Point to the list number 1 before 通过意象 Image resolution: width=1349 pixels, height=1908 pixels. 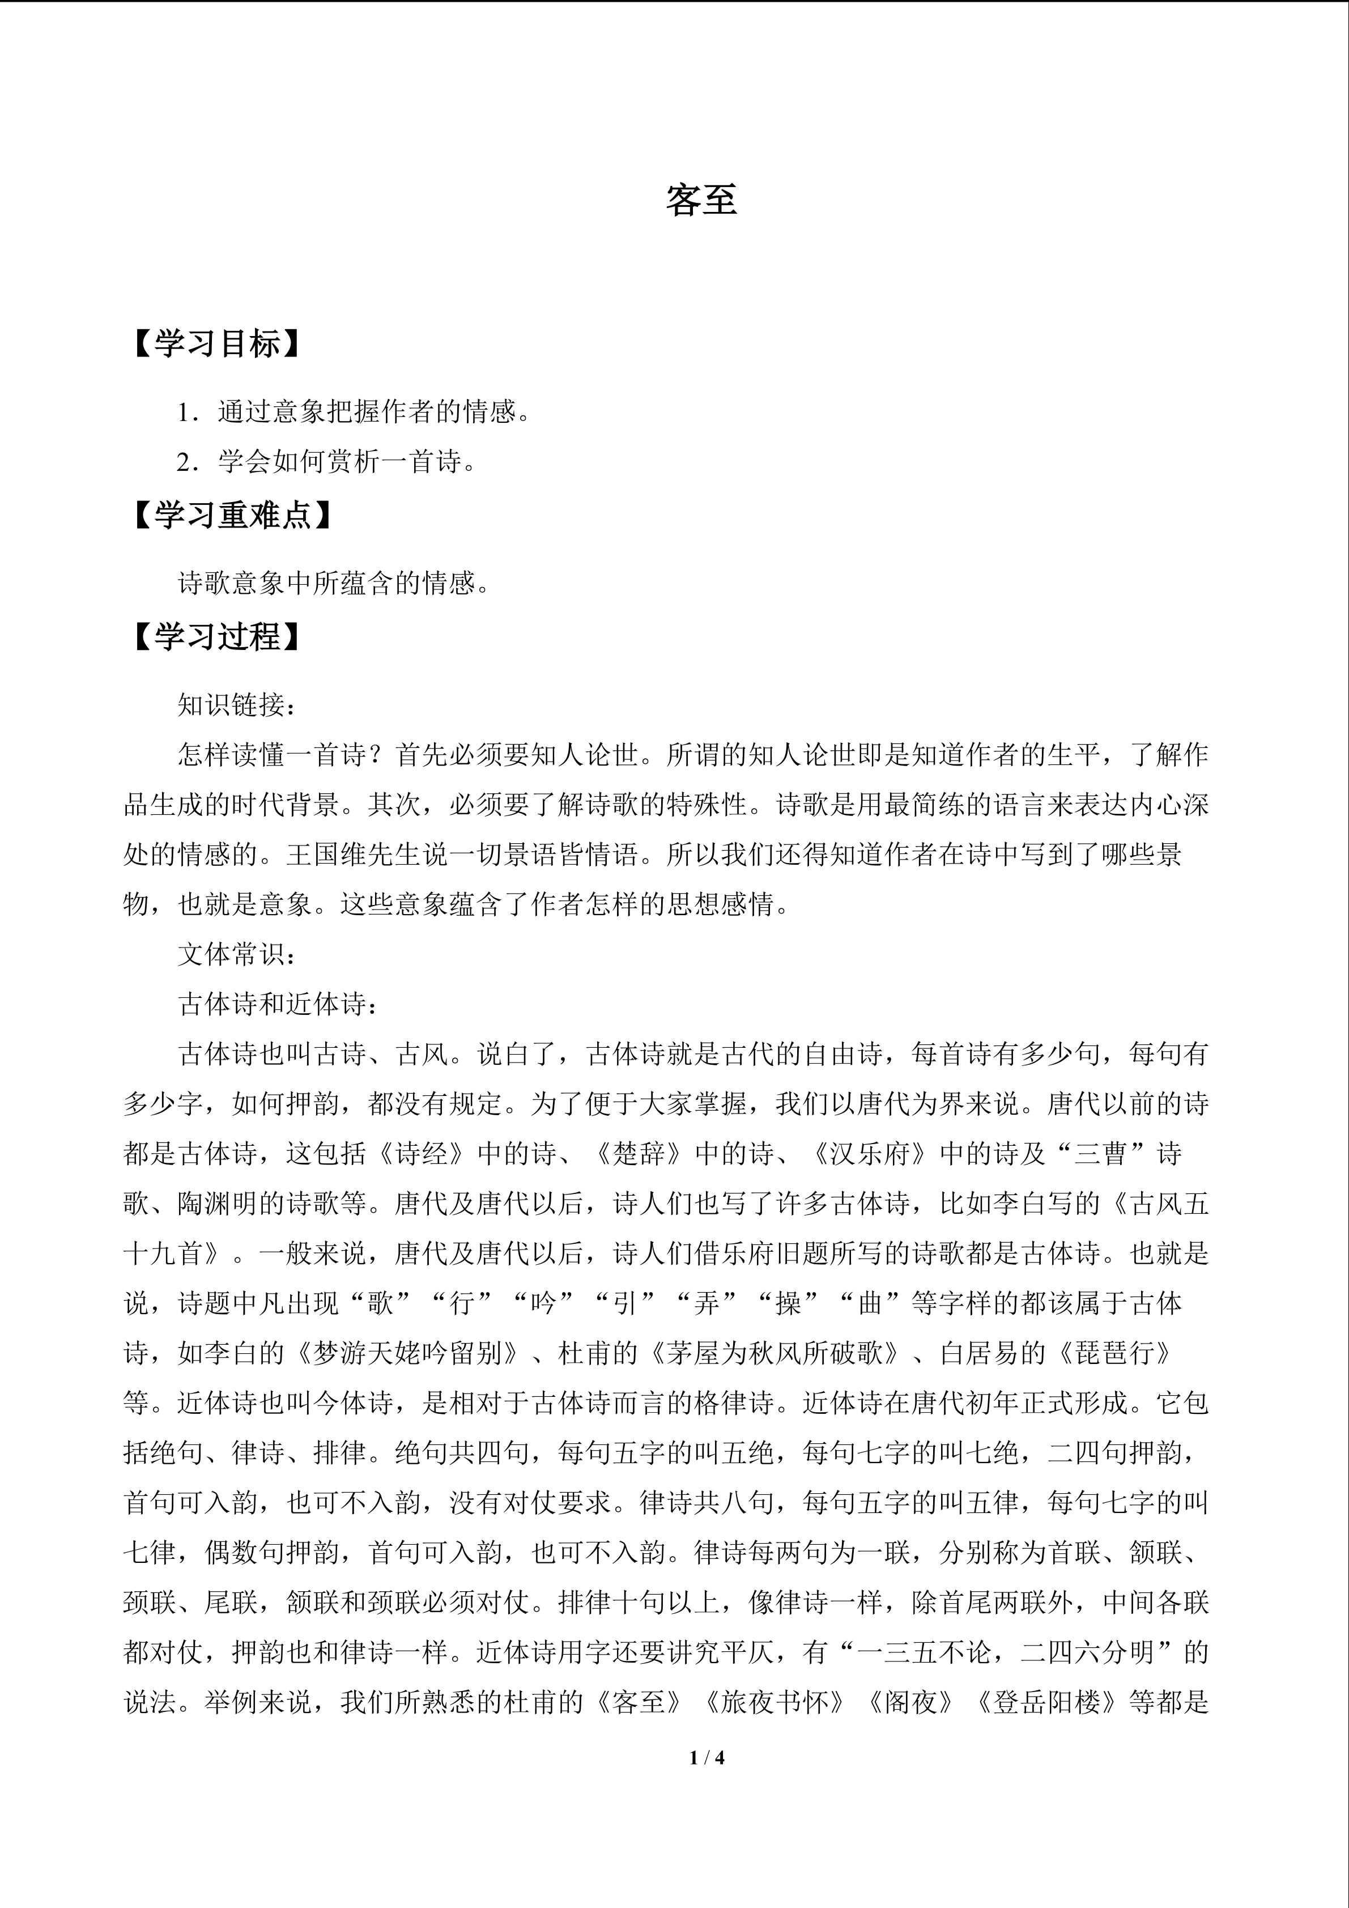[x=184, y=412]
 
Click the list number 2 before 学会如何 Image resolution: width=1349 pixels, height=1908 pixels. [x=184, y=462]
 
